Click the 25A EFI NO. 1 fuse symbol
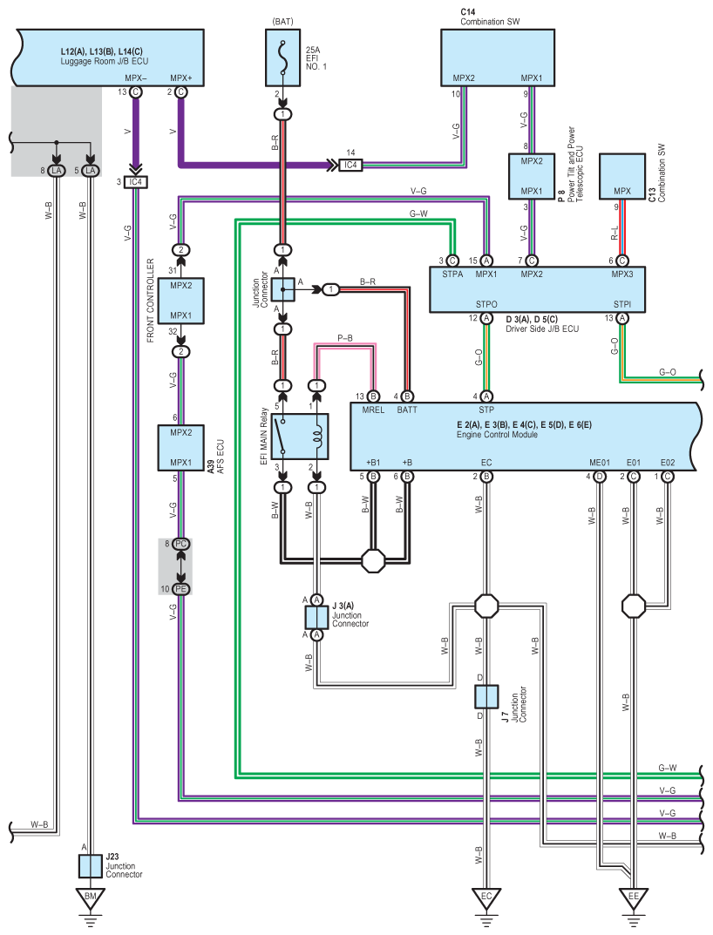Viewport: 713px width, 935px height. [282, 58]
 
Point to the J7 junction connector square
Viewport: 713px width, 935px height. [486, 696]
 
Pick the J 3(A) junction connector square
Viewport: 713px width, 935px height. [316, 618]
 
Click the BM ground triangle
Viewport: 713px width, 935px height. [91, 897]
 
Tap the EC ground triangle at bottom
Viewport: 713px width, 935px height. [486, 897]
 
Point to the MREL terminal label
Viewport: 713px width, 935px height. [372, 409]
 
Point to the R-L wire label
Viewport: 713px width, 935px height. [615, 233]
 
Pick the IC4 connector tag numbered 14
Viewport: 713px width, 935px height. [350, 165]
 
